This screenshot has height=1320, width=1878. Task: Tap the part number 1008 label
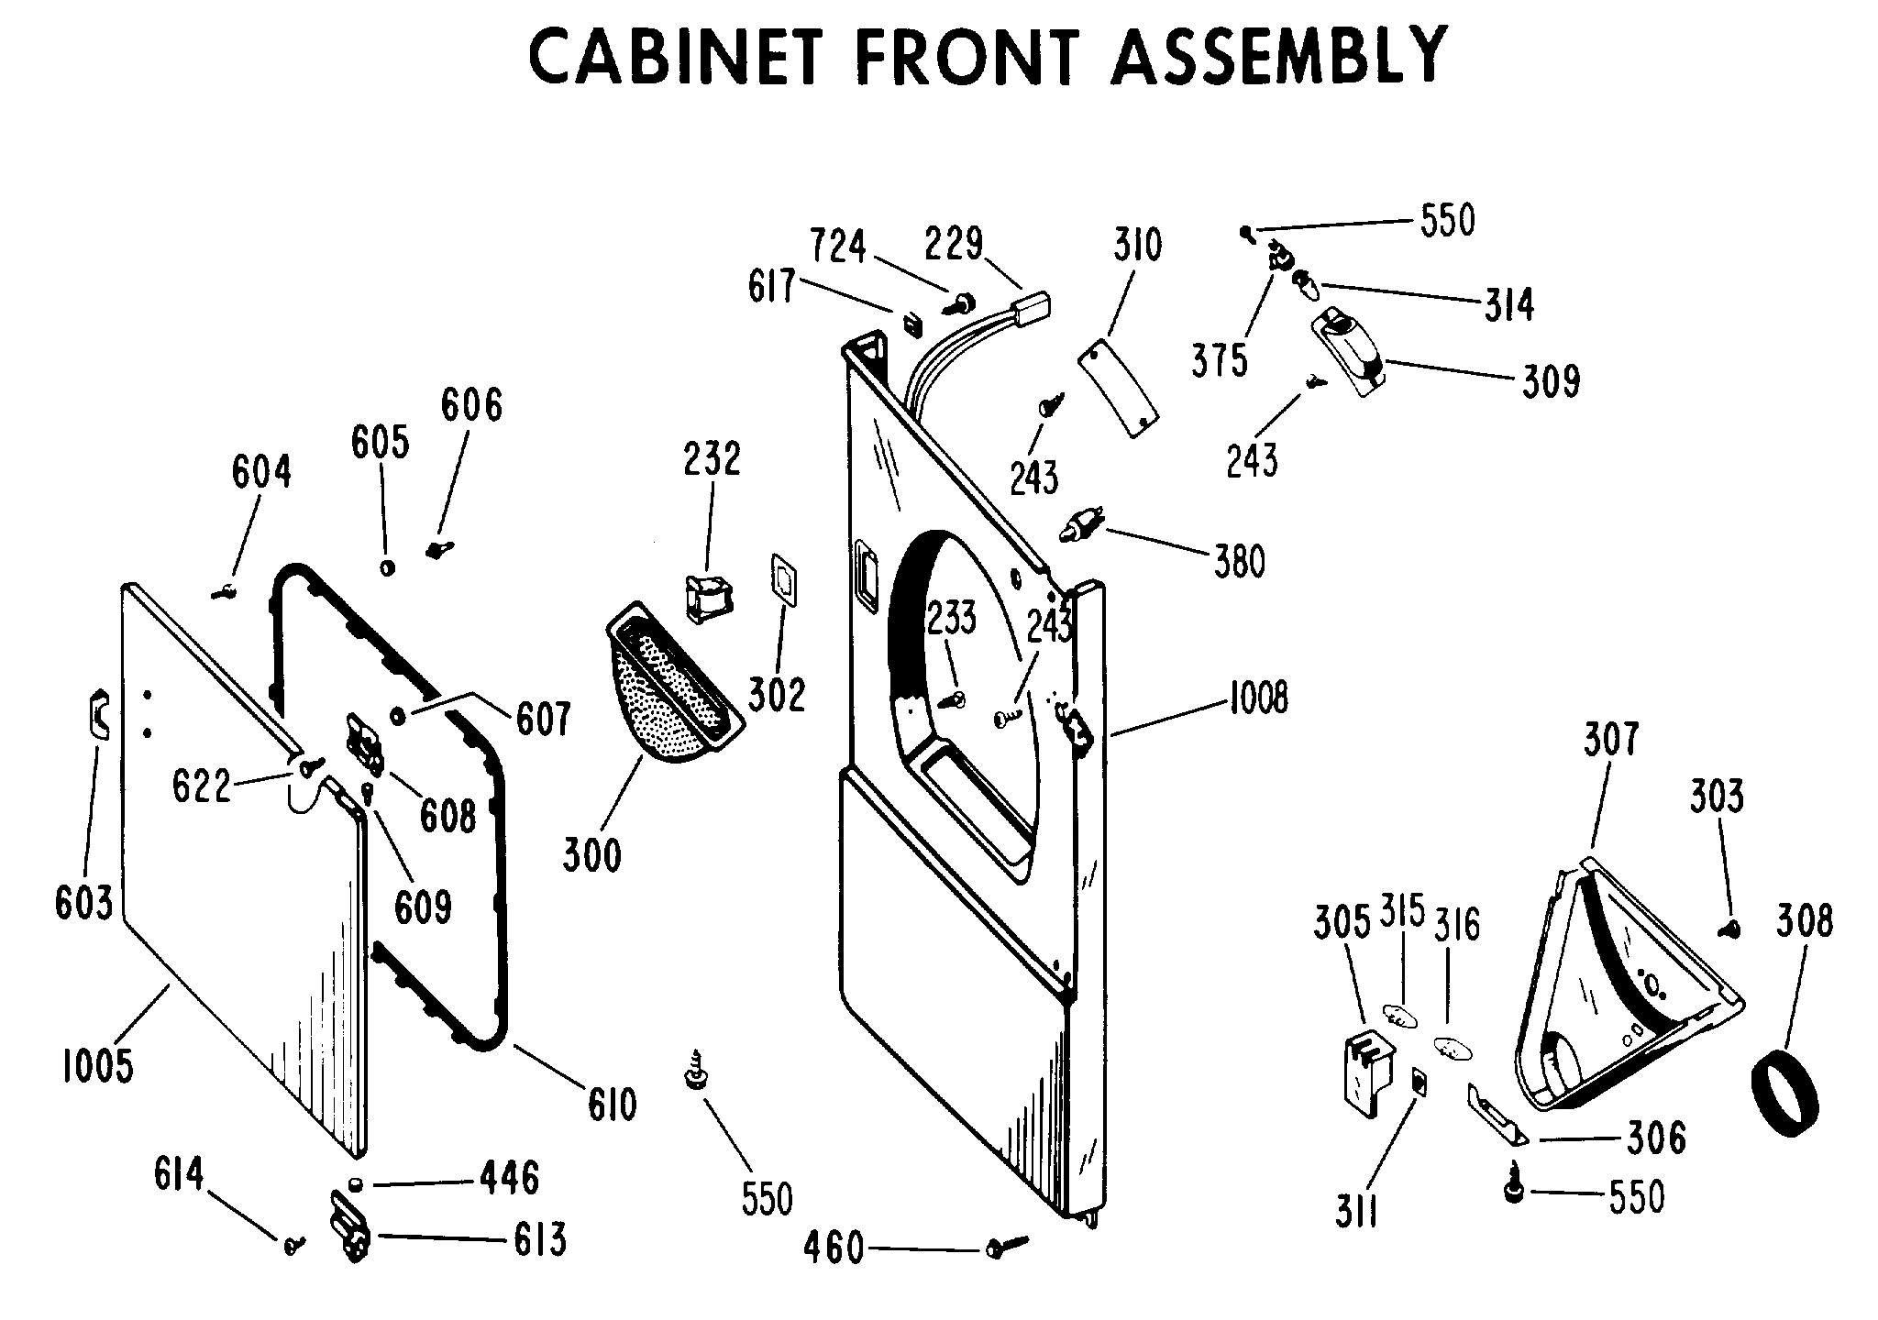(1257, 698)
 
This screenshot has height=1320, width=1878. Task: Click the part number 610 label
(612, 1105)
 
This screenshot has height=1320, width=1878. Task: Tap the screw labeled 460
(1006, 1247)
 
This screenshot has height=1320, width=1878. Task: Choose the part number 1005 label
(97, 1066)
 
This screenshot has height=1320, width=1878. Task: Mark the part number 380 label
(1239, 561)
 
